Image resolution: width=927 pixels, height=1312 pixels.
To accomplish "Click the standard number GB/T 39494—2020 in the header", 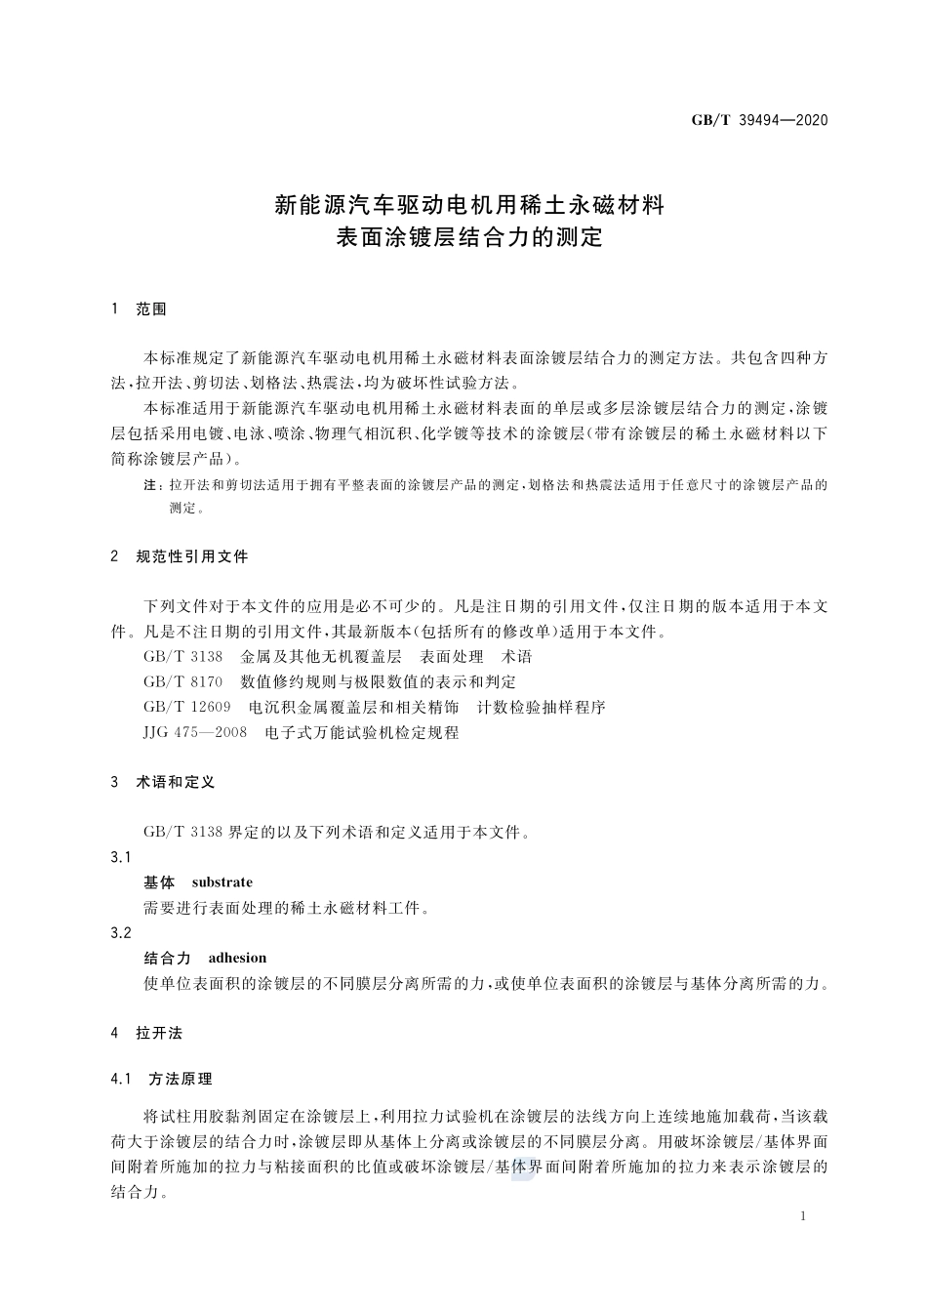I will pos(759,120).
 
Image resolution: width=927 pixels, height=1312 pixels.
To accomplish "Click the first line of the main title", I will pos(468,205).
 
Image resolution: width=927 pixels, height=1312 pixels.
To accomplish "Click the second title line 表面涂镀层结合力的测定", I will pos(468,237).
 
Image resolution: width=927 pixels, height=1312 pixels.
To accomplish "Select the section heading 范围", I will pos(151,309).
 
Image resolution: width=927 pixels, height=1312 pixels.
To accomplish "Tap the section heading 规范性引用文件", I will pos(192,556).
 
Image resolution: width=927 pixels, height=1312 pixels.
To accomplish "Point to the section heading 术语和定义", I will pos(176,782).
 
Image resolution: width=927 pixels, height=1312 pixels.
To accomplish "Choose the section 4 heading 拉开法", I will pos(159,1033).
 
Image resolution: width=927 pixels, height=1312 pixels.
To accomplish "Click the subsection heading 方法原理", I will pos(181,1079).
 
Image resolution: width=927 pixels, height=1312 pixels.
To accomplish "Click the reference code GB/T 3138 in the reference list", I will pos(182,657).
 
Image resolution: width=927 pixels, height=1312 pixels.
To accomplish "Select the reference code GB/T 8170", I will pos(182,681).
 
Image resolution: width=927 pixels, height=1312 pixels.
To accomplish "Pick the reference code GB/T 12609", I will pos(187,707).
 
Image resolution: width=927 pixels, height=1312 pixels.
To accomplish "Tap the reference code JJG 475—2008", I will pos(195,732).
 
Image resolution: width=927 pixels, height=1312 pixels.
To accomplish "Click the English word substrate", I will pos(222,882).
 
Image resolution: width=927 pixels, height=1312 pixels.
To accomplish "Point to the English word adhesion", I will pos(237,958).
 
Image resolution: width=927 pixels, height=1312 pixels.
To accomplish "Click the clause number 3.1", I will pos(121,857).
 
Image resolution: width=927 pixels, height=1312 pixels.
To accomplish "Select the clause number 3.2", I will pos(121,932).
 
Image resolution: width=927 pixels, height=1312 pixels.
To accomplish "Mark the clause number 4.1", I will pos(121,1079).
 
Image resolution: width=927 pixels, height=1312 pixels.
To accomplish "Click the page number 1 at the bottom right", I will pos(802,1216).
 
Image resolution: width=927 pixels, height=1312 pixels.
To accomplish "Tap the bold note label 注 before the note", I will pos(150,485).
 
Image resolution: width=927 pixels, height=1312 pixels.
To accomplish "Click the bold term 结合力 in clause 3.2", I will pos(167,958).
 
